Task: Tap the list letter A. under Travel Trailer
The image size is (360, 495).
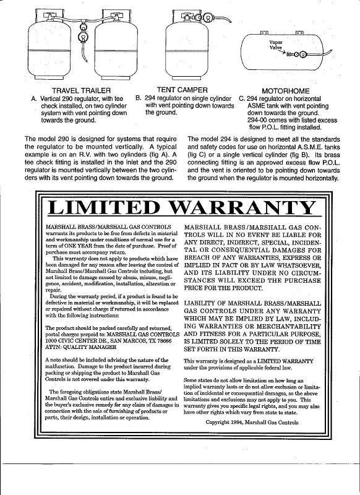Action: pos(33,98)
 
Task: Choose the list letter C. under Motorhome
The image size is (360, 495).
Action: pos(242,98)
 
